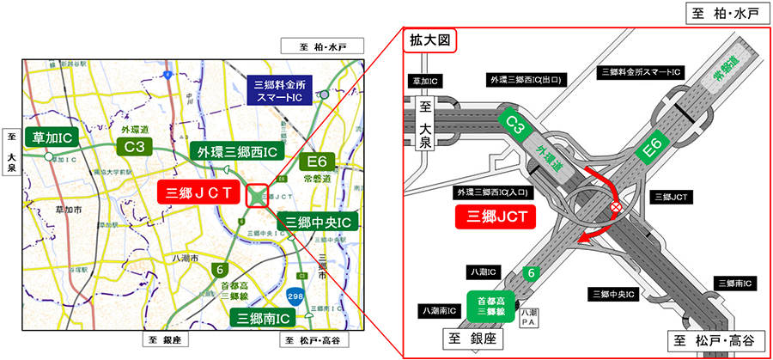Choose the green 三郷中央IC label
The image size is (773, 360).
tap(319, 223)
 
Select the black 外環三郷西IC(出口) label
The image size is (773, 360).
tap(526, 80)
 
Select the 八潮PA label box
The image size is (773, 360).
tap(533, 315)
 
